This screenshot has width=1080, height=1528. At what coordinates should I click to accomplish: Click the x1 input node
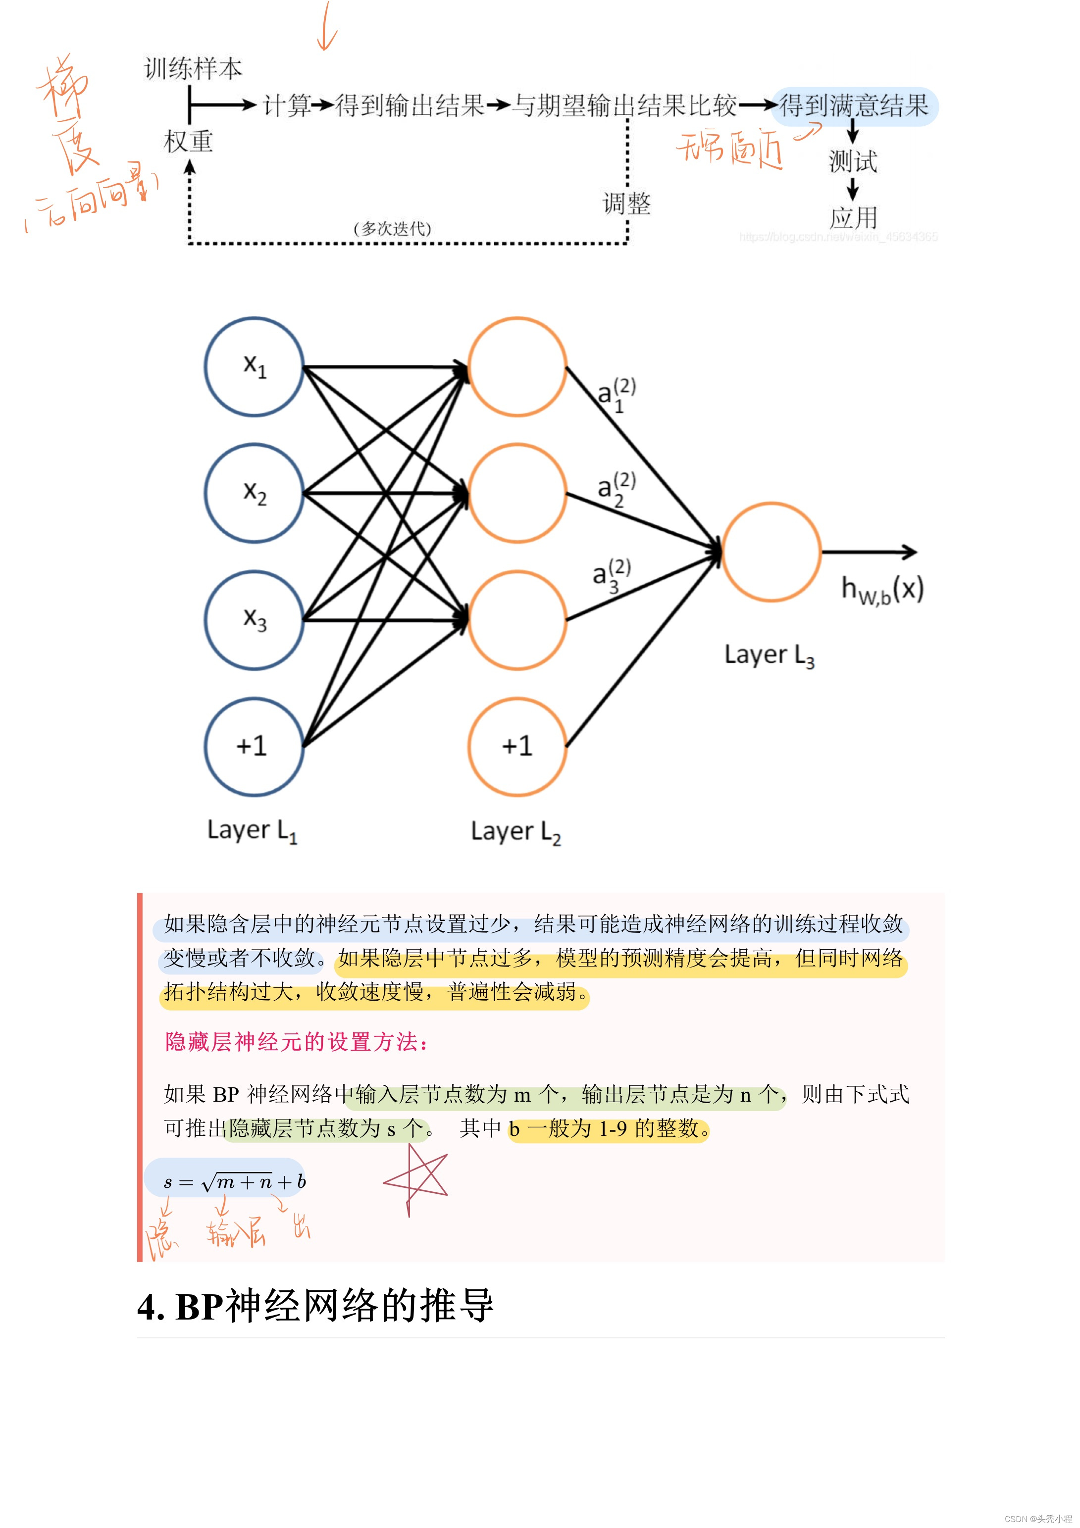click(254, 367)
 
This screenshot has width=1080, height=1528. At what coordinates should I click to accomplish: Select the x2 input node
click(254, 493)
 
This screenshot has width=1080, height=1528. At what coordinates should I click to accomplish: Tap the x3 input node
click(254, 619)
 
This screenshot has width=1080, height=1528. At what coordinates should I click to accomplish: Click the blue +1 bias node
click(254, 746)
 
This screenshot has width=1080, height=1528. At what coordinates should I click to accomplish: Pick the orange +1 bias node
click(517, 746)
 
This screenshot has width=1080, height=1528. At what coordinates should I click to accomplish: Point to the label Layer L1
click(252, 830)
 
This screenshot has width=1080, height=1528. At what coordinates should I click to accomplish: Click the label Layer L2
click(515, 832)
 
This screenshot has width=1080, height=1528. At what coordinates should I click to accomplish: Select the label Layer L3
click(769, 656)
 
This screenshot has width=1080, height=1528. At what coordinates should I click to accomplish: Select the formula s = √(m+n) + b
click(235, 1182)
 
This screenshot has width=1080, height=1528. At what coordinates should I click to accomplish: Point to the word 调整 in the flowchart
click(626, 203)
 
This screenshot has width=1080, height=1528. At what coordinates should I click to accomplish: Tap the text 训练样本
click(193, 68)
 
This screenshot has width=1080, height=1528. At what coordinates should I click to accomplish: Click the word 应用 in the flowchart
click(853, 218)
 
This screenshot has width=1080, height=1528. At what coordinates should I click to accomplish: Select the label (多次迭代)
click(393, 229)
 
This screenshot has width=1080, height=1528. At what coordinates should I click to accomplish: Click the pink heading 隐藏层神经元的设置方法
click(296, 1041)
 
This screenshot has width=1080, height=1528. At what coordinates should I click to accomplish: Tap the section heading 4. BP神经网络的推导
click(315, 1306)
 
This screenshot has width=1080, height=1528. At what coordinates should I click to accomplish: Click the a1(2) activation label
click(616, 395)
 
